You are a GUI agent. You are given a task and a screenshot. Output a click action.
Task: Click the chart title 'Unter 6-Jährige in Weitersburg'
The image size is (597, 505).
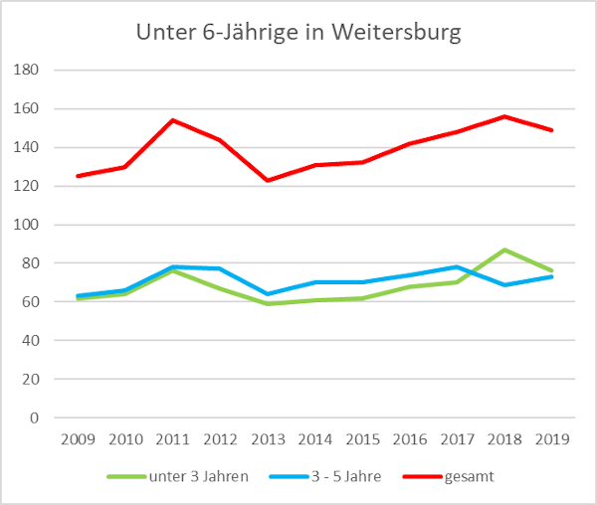click(x=298, y=32)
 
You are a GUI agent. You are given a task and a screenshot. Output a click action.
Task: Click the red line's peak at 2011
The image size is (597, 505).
click(x=172, y=120)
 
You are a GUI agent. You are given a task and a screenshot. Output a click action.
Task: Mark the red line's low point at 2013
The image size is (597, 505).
click(x=267, y=180)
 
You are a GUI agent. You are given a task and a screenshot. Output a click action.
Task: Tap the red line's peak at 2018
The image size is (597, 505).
click(x=504, y=116)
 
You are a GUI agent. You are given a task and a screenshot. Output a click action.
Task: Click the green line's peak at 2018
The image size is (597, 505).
click(x=504, y=250)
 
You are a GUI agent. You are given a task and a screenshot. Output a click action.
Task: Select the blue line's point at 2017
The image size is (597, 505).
click(x=457, y=266)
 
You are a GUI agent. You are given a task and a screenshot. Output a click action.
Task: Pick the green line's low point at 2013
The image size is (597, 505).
click(x=267, y=304)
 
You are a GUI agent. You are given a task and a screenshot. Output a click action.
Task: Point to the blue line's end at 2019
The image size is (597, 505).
click(x=551, y=276)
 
